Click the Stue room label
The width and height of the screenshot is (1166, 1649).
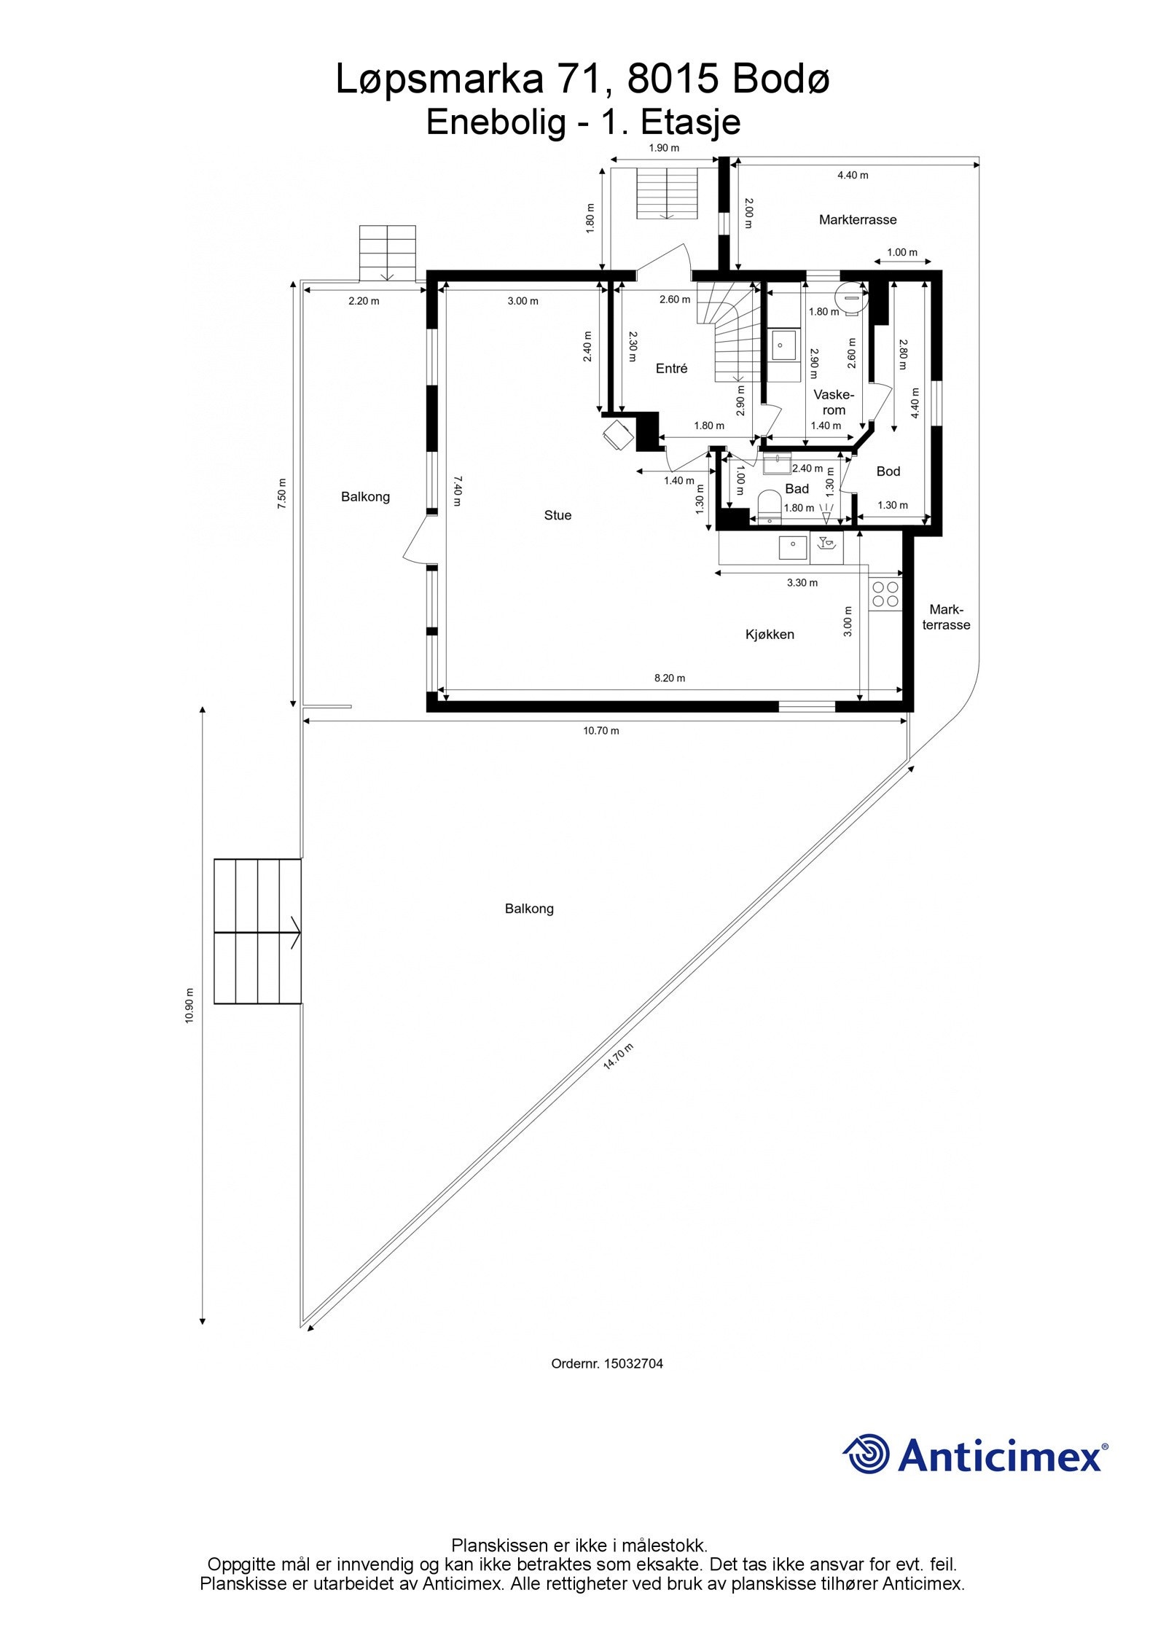pyautogui.click(x=557, y=515)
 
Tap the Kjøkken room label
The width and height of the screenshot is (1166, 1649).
pyautogui.click(x=770, y=635)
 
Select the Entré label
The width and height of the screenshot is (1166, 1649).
pyautogui.click(x=671, y=369)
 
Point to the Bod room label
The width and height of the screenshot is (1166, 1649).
pyautogui.click(x=888, y=471)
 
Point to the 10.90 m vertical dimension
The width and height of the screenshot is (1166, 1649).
pyautogui.click(x=189, y=1006)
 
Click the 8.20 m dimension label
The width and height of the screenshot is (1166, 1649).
pyautogui.click(x=670, y=678)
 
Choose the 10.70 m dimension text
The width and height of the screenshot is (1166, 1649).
pyautogui.click(x=601, y=730)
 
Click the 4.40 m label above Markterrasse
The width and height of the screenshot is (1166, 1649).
pyautogui.click(x=853, y=175)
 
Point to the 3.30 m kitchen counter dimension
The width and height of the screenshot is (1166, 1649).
pyautogui.click(x=802, y=582)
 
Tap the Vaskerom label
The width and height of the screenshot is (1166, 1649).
pyautogui.click(x=834, y=402)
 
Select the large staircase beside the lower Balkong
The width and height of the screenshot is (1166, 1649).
pyautogui.click(x=258, y=932)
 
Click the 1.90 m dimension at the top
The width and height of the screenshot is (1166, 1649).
pyautogui.click(x=664, y=148)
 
